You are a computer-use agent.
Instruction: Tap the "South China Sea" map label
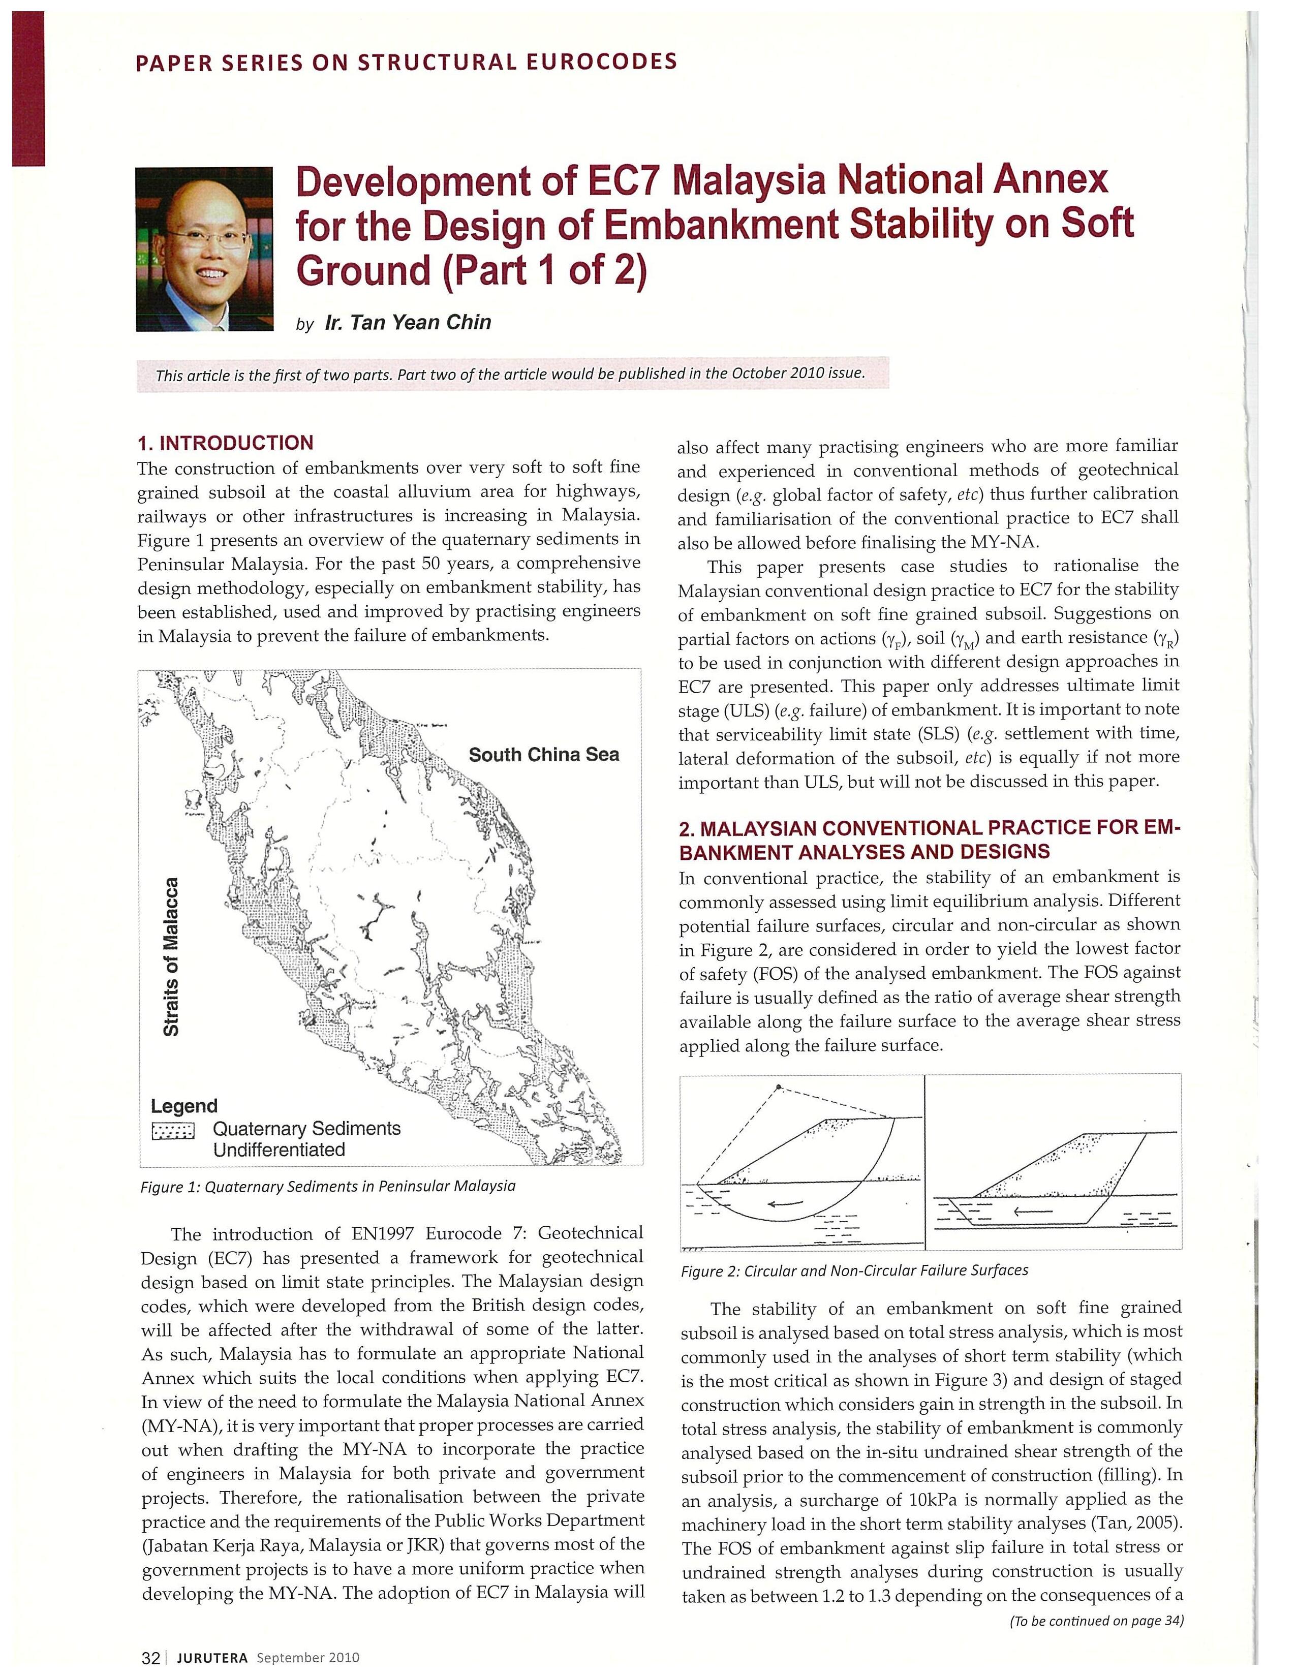pos(544,755)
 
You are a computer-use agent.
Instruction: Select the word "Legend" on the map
pos(184,1106)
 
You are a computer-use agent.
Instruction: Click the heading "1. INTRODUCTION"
pos(225,443)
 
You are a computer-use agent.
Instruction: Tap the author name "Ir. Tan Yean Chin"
pos(408,323)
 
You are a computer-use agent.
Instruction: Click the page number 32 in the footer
pos(150,1657)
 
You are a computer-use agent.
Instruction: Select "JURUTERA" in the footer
pos(212,1658)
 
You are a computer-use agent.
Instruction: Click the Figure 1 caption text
pos(328,1186)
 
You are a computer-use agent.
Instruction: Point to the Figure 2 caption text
pos(854,1270)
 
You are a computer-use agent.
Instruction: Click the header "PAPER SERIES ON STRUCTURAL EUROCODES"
pos(406,61)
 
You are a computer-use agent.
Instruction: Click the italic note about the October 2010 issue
pos(511,374)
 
